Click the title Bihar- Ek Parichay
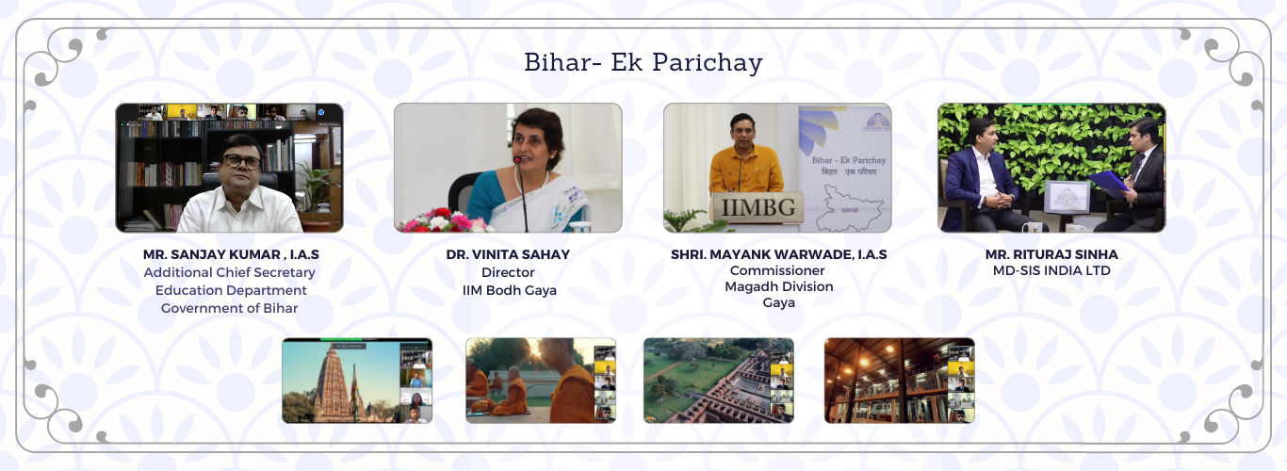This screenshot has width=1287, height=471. click(643, 62)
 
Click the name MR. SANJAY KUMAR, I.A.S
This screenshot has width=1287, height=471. click(231, 254)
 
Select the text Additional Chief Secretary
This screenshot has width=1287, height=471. click(229, 272)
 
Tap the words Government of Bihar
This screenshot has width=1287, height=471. click(229, 308)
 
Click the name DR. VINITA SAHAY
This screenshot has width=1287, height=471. click(508, 254)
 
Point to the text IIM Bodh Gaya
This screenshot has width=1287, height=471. click(509, 291)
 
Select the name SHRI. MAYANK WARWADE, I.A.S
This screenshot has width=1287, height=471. click(778, 254)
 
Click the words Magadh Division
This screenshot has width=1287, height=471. click(778, 286)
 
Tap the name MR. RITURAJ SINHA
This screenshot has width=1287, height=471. click(1051, 254)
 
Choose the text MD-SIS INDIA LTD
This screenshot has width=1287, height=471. click(1051, 270)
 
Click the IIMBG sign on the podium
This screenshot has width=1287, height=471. click(758, 207)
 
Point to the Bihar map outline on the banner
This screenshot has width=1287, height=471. click(851, 208)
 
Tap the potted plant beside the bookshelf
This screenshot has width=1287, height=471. click(317, 194)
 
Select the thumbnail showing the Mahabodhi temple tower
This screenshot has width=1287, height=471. click(357, 381)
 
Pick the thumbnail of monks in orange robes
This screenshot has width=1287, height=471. click(541, 381)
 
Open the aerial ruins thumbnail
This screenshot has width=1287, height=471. click(719, 381)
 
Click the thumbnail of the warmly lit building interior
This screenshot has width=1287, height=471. click(899, 381)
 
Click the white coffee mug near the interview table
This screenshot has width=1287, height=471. click(1032, 227)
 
